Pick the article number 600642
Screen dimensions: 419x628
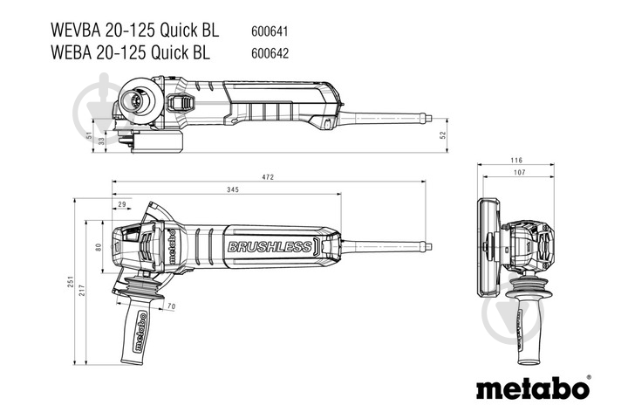(271, 52)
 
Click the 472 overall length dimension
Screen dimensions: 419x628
(268, 177)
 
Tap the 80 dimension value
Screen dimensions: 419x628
(98, 247)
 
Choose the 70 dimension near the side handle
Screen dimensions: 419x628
(171, 306)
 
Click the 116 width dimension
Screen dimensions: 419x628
(517, 161)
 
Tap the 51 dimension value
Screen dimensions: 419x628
(90, 136)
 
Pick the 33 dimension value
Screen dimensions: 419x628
(101, 141)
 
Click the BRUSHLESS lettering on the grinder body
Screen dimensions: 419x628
(269, 247)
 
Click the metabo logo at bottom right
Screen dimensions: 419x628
(532, 388)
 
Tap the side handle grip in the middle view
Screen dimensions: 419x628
(138, 332)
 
